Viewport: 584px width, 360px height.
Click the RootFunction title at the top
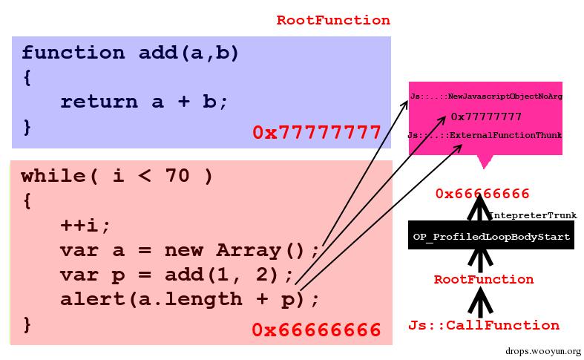tap(333, 20)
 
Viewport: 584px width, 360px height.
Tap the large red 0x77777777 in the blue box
tap(317, 133)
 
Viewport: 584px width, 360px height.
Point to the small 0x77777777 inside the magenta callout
tap(486, 117)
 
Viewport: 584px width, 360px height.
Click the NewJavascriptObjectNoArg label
tap(486, 97)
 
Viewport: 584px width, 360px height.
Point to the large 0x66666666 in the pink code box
tap(316, 330)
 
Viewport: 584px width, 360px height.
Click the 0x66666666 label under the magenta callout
tap(482, 194)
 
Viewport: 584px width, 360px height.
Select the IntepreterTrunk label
tap(532, 215)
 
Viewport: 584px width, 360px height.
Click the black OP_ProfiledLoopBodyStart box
tap(491, 237)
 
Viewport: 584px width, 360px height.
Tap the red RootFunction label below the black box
tap(483, 280)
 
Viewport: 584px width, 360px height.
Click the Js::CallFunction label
tap(484, 325)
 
